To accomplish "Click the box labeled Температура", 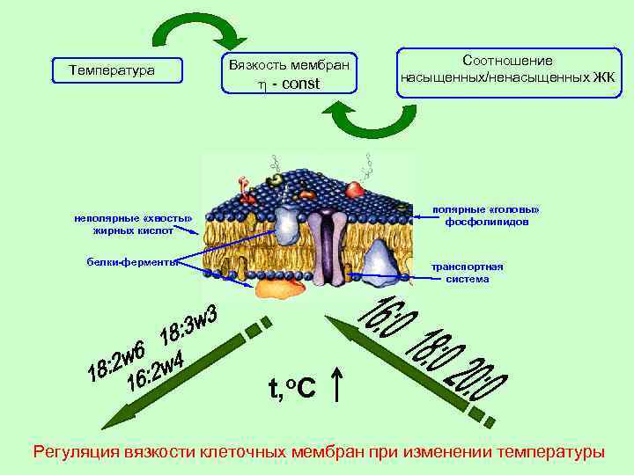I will [x=112, y=69].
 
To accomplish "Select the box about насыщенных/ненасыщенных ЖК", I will [x=507, y=69].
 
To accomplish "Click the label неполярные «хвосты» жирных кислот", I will [x=133, y=223].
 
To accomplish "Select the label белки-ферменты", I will [x=133, y=261].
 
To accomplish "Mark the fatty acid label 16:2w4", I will [x=157, y=370].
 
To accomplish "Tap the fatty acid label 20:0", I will [x=483, y=379].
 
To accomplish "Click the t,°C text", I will [x=291, y=385].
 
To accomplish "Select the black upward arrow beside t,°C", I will [x=338, y=384].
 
